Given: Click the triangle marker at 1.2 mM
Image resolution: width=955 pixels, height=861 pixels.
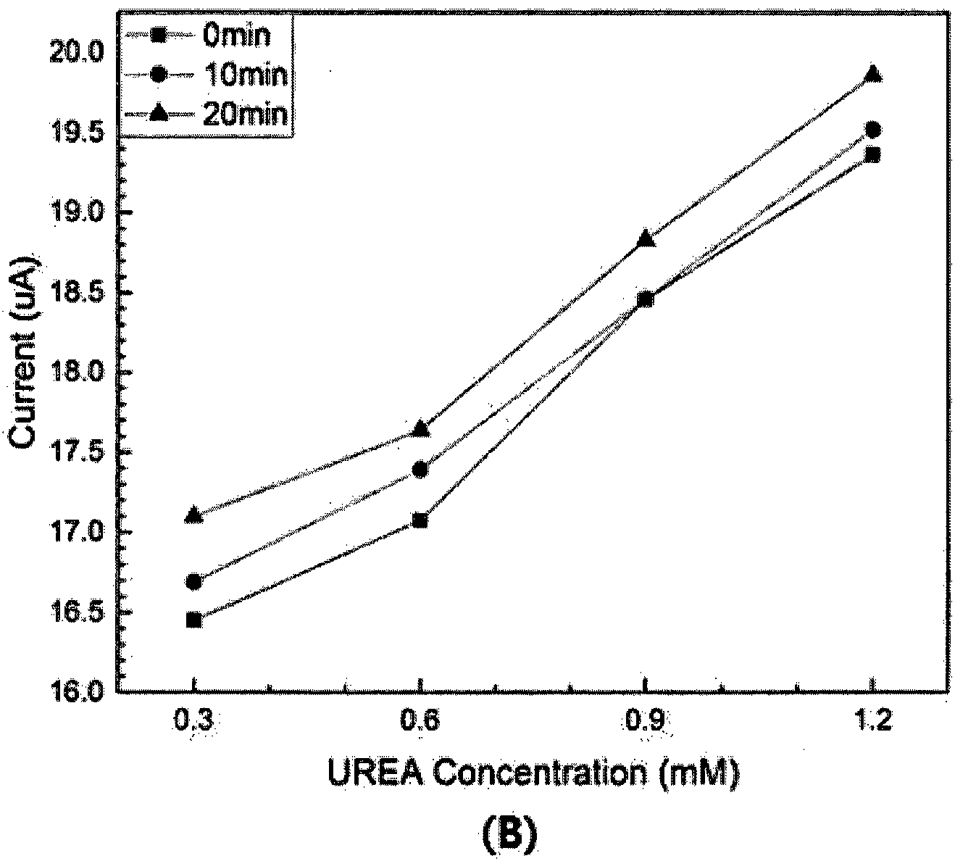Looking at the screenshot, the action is (872, 73).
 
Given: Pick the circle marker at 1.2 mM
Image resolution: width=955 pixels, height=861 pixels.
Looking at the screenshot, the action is (872, 129).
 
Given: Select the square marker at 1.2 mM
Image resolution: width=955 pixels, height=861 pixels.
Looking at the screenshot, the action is (872, 154).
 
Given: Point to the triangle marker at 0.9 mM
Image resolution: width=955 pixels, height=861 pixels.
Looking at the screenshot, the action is (646, 237).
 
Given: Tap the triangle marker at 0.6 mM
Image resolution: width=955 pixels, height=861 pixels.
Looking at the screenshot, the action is (420, 428).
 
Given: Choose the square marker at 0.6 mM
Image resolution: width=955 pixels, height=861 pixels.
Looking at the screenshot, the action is (420, 520).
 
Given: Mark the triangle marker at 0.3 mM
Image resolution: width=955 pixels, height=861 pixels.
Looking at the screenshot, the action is (193, 514).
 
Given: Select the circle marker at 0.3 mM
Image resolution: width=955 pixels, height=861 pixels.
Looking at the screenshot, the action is (193, 582).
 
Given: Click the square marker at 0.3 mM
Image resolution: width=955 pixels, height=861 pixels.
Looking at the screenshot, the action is (193, 620).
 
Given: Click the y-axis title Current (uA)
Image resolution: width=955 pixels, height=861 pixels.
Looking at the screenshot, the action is (23, 352).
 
